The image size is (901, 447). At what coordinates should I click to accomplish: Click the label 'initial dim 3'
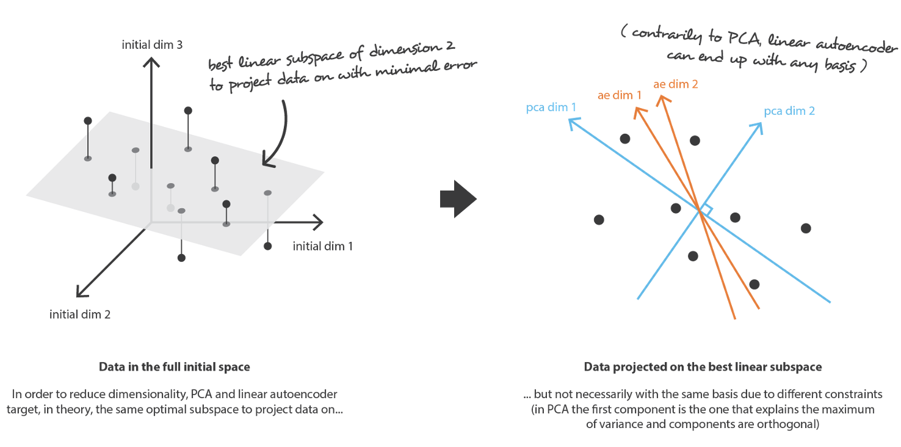[152, 45]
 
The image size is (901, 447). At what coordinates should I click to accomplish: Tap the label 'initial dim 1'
[322, 247]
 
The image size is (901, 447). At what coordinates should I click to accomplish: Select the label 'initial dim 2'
[80, 315]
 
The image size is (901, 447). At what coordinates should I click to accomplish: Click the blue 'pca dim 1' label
[551, 108]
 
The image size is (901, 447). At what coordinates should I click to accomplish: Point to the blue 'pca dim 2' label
[789, 111]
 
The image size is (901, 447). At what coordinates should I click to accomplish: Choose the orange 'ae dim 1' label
[619, 95]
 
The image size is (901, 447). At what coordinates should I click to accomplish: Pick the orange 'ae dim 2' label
[676, 85]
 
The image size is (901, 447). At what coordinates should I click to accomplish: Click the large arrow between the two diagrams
[458, 200]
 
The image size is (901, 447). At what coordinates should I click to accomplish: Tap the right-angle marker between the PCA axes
[706, 209]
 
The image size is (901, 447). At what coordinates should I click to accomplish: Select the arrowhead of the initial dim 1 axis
[319, 222]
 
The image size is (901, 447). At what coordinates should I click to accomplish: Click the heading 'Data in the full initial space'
[175, 368]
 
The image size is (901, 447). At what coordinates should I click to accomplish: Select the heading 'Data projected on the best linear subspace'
[703, 367]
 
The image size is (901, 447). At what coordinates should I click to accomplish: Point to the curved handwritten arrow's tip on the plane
[264, 163]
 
